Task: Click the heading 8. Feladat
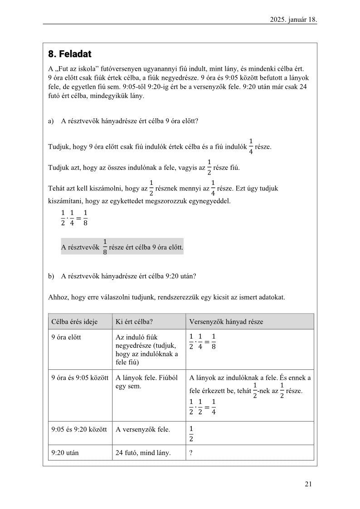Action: tap(70, 54)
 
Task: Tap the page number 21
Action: tap(308, 484)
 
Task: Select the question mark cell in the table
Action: tap(191, 452)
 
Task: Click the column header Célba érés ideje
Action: tap(74, 322)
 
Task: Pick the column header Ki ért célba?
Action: tap(134, 322)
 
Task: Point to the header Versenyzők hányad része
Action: tap(226, 322)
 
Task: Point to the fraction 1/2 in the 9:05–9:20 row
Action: tap(191, 433)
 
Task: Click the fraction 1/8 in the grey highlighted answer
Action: tap(105, 247)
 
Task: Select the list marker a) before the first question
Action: tap(51, 121)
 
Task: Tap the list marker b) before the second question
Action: tap(51, 276)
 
